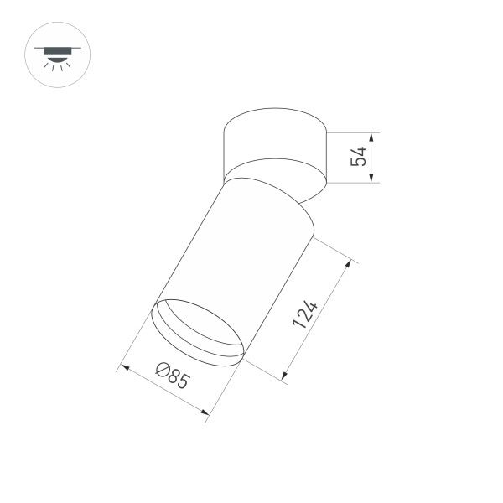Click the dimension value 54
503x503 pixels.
360,157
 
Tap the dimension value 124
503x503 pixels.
306,316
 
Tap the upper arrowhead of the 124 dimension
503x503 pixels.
345,263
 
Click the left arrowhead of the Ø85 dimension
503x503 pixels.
124,366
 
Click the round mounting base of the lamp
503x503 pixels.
274,151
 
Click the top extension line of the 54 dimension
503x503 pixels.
352,132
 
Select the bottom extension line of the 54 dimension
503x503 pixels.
352,183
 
